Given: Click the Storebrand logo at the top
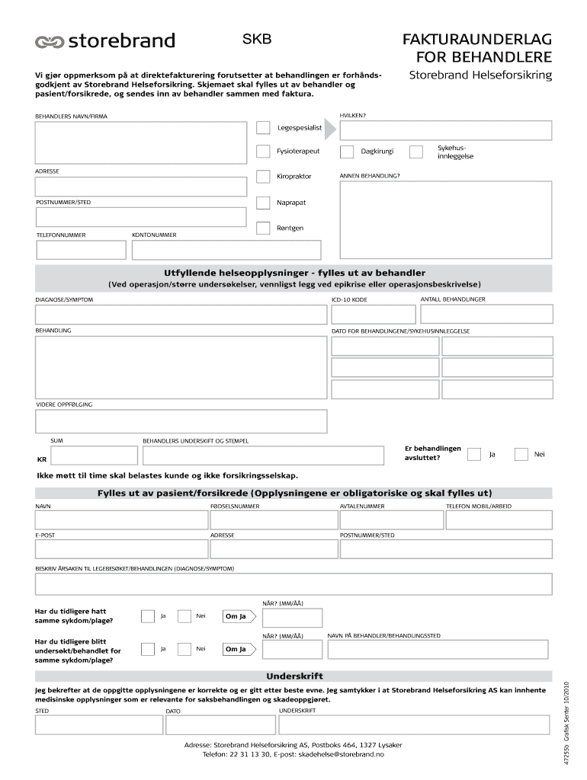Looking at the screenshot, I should pos(104,41).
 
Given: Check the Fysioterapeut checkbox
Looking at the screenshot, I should pos(263,152).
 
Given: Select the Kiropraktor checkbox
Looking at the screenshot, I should pos(263,177).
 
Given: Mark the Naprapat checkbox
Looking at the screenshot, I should pos(263,203).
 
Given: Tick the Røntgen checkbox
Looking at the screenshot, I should pos(263,228).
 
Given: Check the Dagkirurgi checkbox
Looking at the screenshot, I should pos(346,152).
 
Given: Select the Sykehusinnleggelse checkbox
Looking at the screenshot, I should pos(416,152).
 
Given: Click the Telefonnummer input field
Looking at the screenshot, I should pos(81,250).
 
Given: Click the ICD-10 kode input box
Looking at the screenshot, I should pos(373,315).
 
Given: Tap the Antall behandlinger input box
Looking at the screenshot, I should pos(486,315).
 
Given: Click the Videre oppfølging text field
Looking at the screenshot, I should pos(181,421).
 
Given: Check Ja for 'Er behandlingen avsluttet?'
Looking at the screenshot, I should pos(474,455).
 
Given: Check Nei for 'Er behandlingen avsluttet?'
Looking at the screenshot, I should pos(521,455).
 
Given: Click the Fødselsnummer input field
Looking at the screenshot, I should pos(273,519).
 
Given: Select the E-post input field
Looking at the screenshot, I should pos(120,550).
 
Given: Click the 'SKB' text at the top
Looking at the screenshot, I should pos(256,38).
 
